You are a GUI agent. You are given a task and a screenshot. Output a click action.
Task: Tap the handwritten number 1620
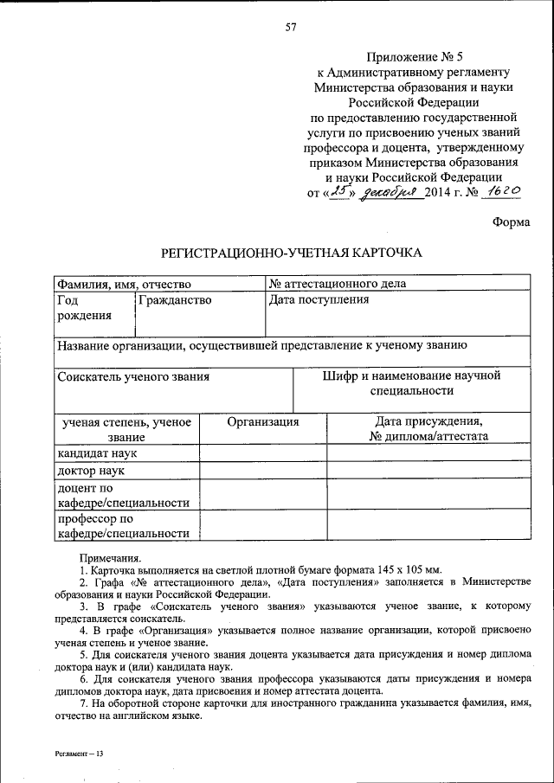click(x=504, y=193)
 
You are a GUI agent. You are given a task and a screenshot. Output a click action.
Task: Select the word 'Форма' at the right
click(x=511, y=221)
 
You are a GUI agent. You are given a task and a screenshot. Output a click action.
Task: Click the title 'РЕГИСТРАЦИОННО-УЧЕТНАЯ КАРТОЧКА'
click(x=291, y=254)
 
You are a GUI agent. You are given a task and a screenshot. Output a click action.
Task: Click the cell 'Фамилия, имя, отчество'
click(x=124, y=284)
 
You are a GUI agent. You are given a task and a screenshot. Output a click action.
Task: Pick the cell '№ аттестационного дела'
click(x=338, y=284)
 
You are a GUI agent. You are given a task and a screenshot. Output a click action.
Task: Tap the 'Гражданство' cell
click(x=174, y=300)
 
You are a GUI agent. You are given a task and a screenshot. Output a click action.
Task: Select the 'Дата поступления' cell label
click(x=319, y=300)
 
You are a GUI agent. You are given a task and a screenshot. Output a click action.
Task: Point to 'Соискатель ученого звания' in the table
click(x=133, y=377)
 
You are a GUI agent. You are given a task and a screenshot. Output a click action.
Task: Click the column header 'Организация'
click(x=263, y=422)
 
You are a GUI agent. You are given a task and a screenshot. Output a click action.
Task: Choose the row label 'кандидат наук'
click(x=97, y=452)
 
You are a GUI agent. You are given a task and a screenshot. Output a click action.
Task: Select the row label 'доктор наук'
click(x=91, y=472)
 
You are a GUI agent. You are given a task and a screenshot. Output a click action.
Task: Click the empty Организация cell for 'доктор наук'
click(x=263, y=472)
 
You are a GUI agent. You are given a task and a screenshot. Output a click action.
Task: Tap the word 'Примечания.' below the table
click(x=110, y=560)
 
